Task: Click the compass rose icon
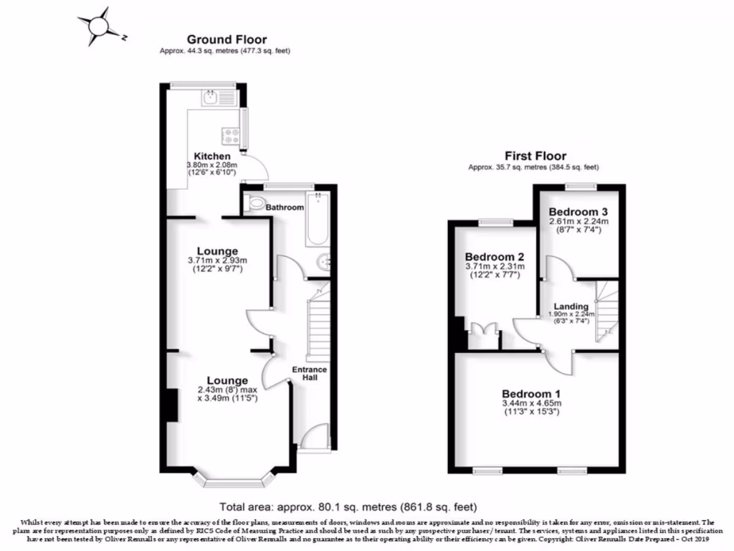[x=98, y=26]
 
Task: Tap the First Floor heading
[x=535, y=156]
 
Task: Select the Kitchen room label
[x=213, y=156]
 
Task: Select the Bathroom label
[x=285, y=207]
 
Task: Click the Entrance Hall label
[x=309, y=374]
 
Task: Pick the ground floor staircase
[x=316, y=326]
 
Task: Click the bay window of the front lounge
[x=236, y=476]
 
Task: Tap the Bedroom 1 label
[x=531, y=394]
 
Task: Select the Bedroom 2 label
[x=490, y=257]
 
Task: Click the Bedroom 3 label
[x=578, y=212]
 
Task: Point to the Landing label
[x=571, y=306]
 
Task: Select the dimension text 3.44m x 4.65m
[x=531, y=404]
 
